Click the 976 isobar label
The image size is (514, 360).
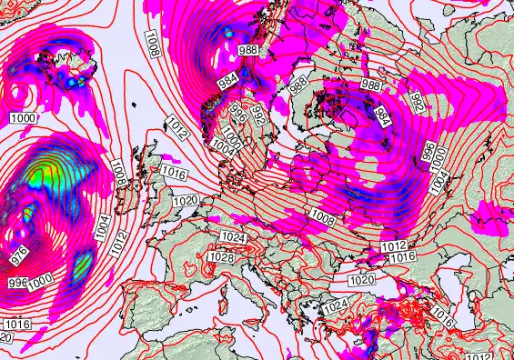pos(19,255)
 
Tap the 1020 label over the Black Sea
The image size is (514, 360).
pos(362,279)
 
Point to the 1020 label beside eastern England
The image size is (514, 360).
pos(186,200)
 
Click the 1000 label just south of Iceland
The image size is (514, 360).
pos(25,118)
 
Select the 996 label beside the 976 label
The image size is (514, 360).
pos(17,283)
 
